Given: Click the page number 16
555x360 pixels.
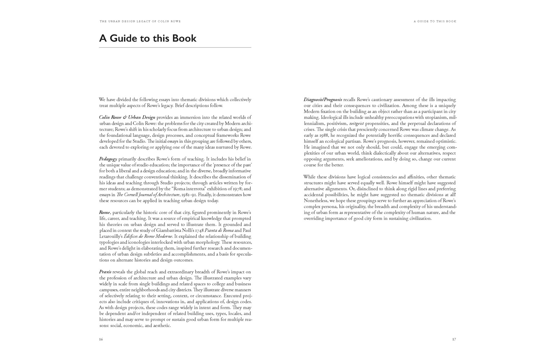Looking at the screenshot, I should point(101,339).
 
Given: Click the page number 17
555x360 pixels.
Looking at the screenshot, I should point(454,339).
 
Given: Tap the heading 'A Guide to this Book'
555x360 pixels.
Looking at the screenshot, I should point(148,38).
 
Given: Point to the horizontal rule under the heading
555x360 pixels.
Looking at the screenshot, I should point(175,48).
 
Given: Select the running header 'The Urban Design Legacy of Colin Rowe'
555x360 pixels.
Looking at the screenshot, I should point(140,22).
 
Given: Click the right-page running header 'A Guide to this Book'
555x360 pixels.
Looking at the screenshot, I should point(435,22).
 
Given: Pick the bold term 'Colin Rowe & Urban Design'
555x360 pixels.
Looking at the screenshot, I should point(127,117).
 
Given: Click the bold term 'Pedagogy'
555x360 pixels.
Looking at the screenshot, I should point(108,159).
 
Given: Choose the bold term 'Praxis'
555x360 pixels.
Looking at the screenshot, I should point(105,272).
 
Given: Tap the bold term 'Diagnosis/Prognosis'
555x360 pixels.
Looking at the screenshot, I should point(323,100).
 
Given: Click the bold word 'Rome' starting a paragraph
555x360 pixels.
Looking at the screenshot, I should point(105,212).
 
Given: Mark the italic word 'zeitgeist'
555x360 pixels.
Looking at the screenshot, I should point(356,123).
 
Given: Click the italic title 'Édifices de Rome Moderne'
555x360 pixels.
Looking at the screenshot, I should point(148,237).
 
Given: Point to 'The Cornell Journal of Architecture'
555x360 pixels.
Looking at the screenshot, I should point(148,195).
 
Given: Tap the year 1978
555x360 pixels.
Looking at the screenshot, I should point(237,189).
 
